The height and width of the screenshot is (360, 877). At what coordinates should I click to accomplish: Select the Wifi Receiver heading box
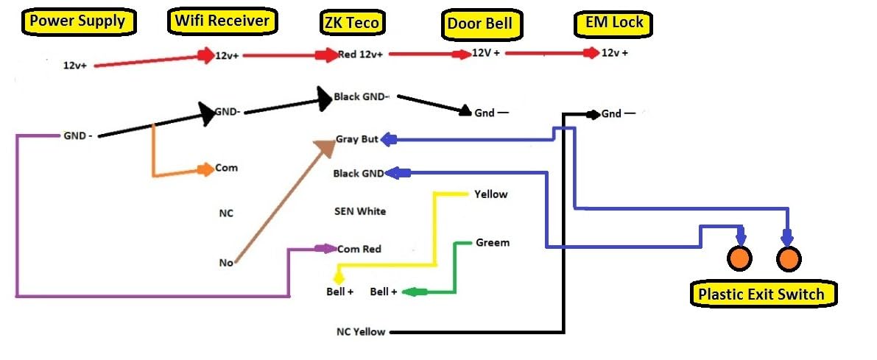[x=222, y=21]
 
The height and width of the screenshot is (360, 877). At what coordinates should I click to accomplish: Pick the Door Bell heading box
[x=479, y=24]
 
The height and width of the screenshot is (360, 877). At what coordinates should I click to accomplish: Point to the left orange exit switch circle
[x=739, y=258]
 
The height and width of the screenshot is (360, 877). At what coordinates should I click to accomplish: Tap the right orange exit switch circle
[x=788, y=258]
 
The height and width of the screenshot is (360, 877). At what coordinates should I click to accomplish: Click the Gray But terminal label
[x=356, y=139]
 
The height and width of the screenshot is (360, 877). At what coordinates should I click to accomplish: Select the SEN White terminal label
[x=360, y=211]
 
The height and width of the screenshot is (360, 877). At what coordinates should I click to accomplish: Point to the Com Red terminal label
[x=359, y=249]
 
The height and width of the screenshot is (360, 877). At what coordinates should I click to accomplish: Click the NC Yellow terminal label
[x=360, y=332]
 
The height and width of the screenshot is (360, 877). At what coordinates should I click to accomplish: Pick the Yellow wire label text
[x=490, y=194]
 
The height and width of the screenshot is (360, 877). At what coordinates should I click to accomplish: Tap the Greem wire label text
[x=493, y=242]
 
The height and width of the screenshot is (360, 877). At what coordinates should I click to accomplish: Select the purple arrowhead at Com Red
[x=326, y=249]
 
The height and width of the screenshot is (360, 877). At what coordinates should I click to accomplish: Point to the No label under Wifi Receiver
[x=225, y=262]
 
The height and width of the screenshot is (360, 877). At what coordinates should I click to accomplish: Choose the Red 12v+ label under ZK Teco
[x=360, y=54]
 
